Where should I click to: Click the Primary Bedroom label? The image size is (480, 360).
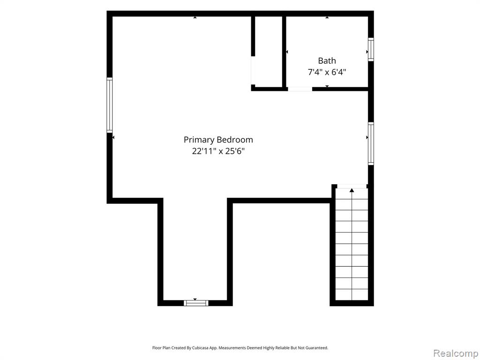(x=218, y=140)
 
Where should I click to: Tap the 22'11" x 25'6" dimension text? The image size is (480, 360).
(x=218, y=151)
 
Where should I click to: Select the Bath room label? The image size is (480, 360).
(x=327, y=60)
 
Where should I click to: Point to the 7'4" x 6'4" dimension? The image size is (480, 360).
(x=327, y=72)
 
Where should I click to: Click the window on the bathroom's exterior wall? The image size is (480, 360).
(x=371, y=49)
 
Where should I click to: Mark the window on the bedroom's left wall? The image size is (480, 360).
(x=109, y=105)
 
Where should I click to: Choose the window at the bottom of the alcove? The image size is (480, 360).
(x=196, y=303)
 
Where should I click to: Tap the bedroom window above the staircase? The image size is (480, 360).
(x=371, y=143)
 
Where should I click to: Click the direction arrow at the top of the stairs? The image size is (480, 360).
(x=352, y=190)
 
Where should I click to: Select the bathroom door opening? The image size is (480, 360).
(x=300, y=89)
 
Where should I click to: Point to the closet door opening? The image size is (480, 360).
(x=253, y=70)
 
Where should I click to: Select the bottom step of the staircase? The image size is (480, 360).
(x=352, y=294)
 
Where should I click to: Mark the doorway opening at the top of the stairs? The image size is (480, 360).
(x=352, y=187)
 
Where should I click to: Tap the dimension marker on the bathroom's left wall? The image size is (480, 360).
(x=287, y=52)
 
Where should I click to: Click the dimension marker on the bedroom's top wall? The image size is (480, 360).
(x=195, y=17)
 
